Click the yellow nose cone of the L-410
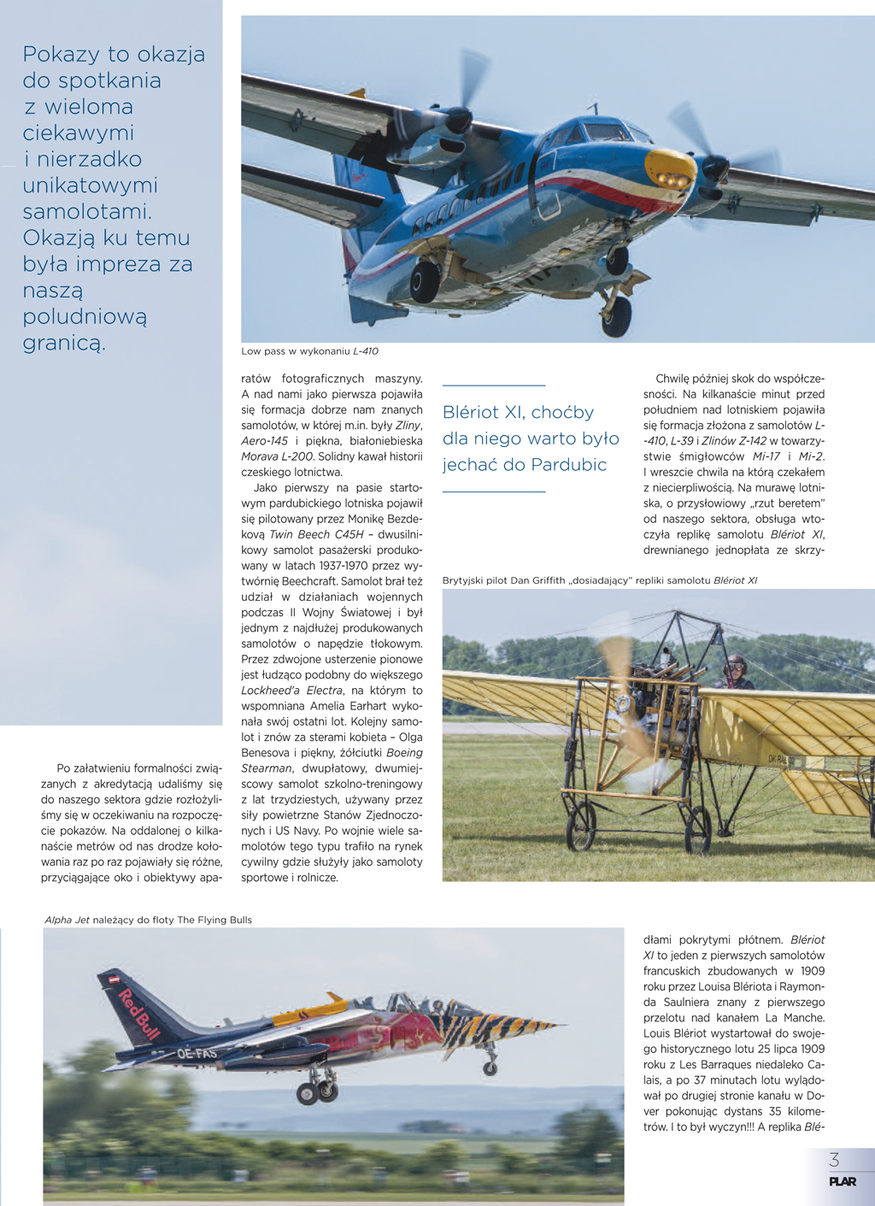point(670,169)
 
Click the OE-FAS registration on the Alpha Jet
point(197,1053)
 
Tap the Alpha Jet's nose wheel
point(490,1067)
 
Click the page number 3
point(834,1160)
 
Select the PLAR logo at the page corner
point(842,1182)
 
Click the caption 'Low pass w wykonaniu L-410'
point(309,351)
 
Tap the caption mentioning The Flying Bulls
point(149,920)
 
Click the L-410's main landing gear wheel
point(424,282)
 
